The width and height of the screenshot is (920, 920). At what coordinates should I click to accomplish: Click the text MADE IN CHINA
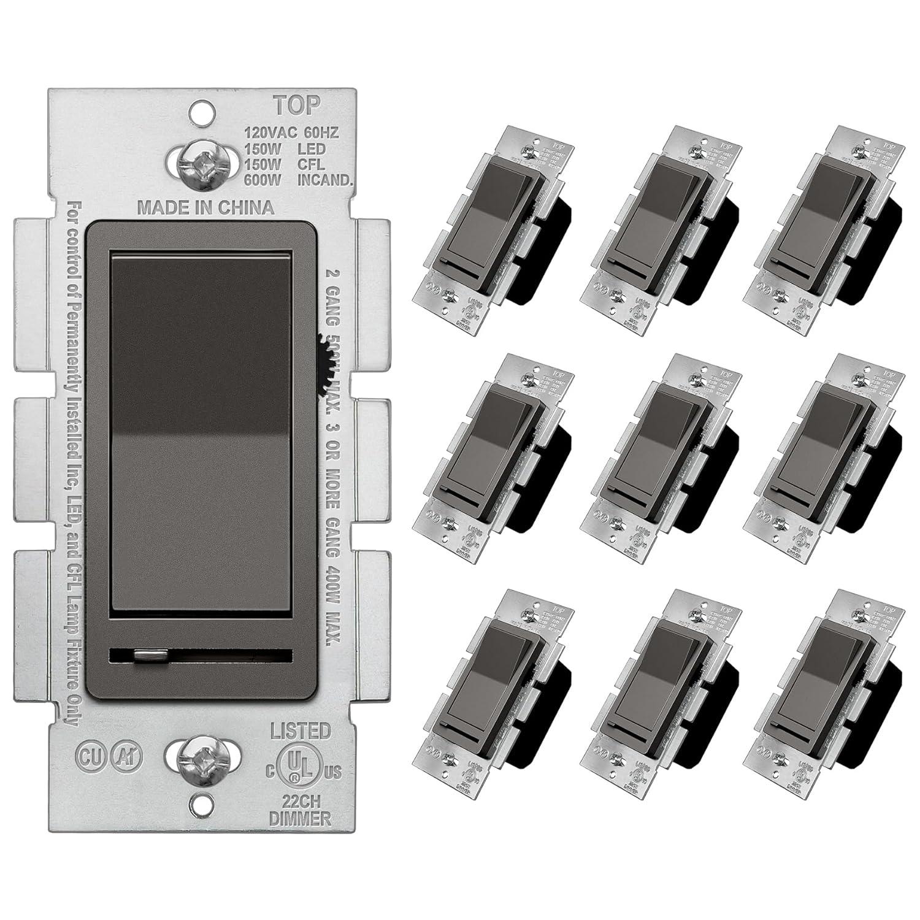pos(205,207)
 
